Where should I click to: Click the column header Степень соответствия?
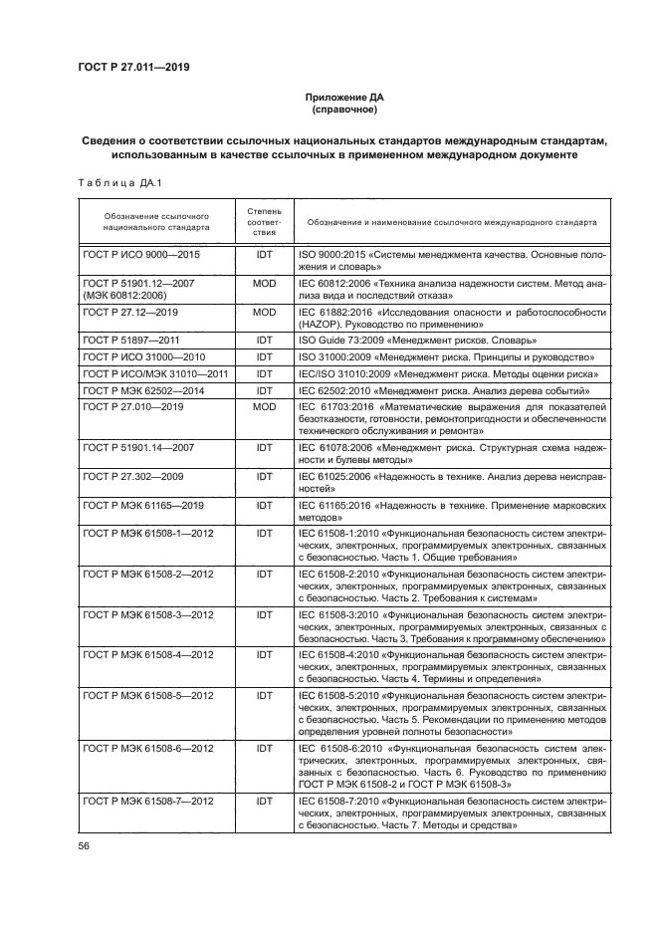tap(264, 222)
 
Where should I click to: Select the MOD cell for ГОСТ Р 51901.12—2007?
tap(264, 284)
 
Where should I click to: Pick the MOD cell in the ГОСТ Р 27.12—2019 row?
tap(264, 313)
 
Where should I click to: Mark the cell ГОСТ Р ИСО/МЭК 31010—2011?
tap(155, 373)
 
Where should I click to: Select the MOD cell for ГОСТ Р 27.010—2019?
tap(264, 407)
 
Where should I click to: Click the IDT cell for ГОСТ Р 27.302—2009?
tap(264, 477)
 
